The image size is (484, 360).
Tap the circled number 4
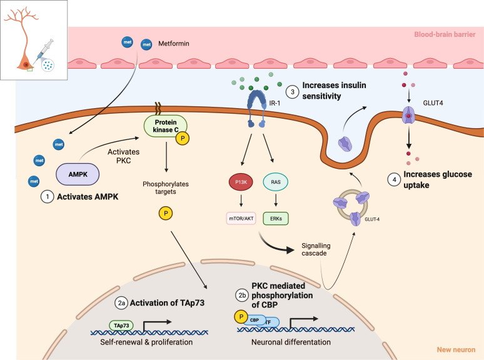pos(394,179)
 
